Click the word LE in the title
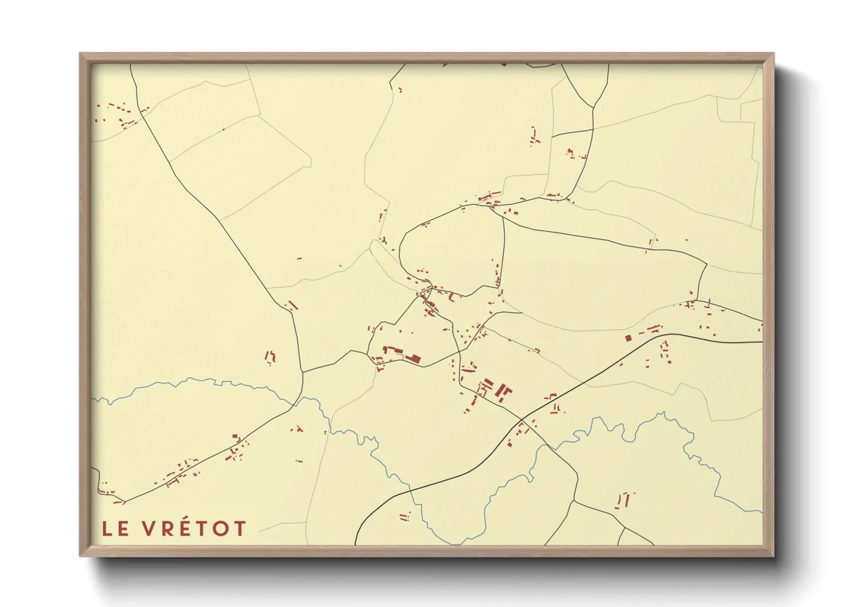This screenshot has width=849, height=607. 115,528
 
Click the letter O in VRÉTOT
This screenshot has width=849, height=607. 220,528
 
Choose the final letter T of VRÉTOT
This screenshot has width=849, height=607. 239,528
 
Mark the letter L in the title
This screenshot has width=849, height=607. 107,528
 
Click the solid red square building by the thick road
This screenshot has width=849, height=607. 628,338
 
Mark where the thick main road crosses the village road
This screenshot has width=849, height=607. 521,419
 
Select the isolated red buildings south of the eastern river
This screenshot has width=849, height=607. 624,500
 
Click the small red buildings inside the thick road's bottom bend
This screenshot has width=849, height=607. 405,516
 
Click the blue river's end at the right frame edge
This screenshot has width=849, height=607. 762,512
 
